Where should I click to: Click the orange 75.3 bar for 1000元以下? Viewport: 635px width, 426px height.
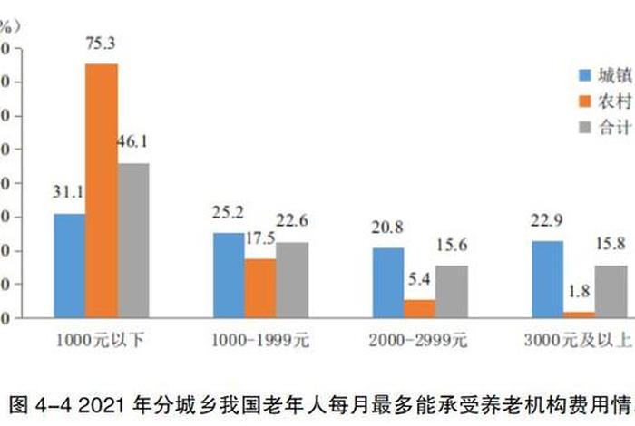pyautogui.click(x=102, y=190)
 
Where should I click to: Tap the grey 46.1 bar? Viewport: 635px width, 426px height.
pyautogui.click(x=133, y=240)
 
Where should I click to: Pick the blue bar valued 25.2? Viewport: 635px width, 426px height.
pyautogui.click(x=229, y=275)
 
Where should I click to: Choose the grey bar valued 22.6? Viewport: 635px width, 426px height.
pyautogui.click(x=292, y=279)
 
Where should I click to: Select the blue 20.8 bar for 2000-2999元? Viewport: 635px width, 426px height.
pyautogui.click(x=387, y=282)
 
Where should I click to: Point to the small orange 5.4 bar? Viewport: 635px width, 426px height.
pyautogui.click(x=419, y=308)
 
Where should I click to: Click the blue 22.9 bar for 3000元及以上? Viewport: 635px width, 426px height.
pyautogui.click(x=547, y=279)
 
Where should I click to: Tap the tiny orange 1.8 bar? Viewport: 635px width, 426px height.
pyautogui.click(x=579, y=315)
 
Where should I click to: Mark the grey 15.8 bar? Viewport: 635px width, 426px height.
pyautogui.click(x=611, y=291)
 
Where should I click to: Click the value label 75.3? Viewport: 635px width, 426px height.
pyautogui.click(x=102, y=44)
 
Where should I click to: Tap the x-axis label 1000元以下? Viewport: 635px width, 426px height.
pyautogui.click(x=101, y=342)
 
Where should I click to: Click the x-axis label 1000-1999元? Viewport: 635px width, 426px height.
pyautogui.click(x=259, y=342)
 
